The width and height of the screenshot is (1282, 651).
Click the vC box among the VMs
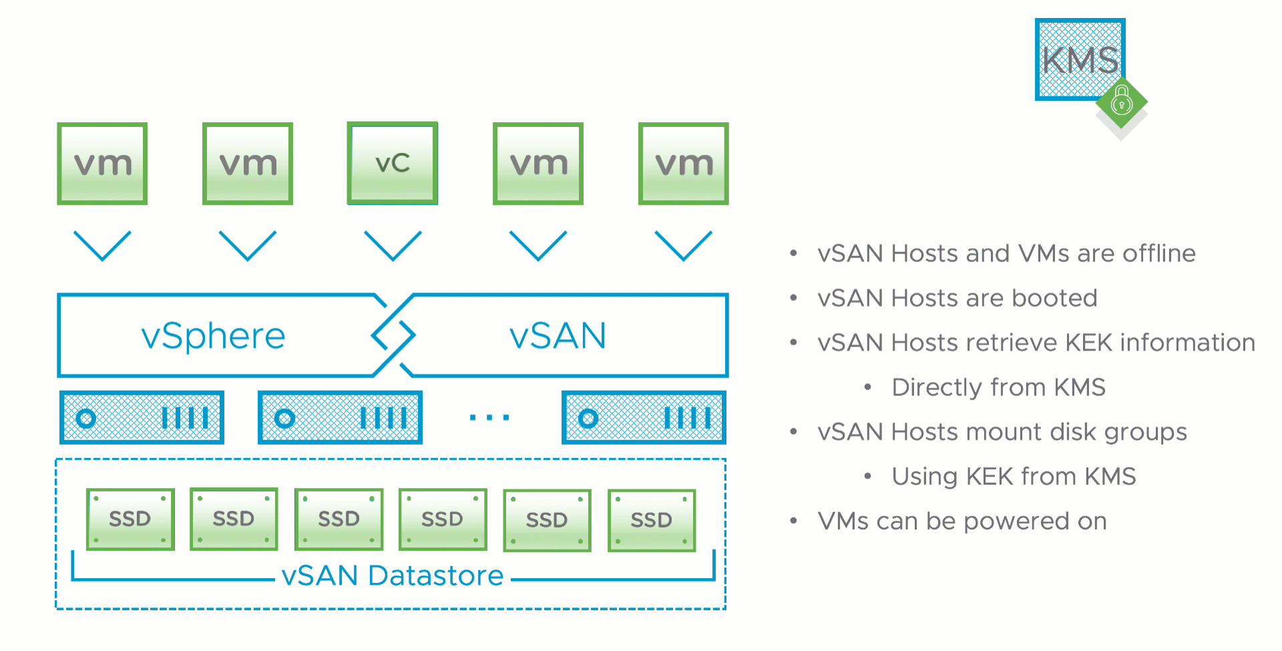[x=393, y=163]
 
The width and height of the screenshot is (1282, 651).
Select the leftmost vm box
[x=102, y=164]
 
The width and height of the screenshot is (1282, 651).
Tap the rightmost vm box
[x=683, y=164]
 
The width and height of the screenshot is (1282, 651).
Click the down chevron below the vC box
[x=393, y=246]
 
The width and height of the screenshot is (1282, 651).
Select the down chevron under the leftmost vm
[x=102, y=246]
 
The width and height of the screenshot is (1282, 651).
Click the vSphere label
[x=213, y=335]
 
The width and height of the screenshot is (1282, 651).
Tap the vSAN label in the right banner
[x=558, y=335]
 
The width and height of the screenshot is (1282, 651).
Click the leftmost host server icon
[x=142, y=418]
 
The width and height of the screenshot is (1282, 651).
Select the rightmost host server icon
[x=644, y=418]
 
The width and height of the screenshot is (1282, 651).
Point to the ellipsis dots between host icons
[x=489, y=418]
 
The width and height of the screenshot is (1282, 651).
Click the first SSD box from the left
[x=130, y=519]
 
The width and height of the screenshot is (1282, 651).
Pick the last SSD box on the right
[x=652, y=520]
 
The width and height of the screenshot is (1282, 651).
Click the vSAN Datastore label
[x=393, y=576]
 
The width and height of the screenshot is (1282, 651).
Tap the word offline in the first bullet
[x=1158, y=254]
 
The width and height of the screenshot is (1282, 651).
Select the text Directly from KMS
[x=998, y=387]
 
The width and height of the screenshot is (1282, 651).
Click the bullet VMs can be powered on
[x=962, y=521]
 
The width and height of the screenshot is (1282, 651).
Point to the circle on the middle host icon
[x=285, y=419]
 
